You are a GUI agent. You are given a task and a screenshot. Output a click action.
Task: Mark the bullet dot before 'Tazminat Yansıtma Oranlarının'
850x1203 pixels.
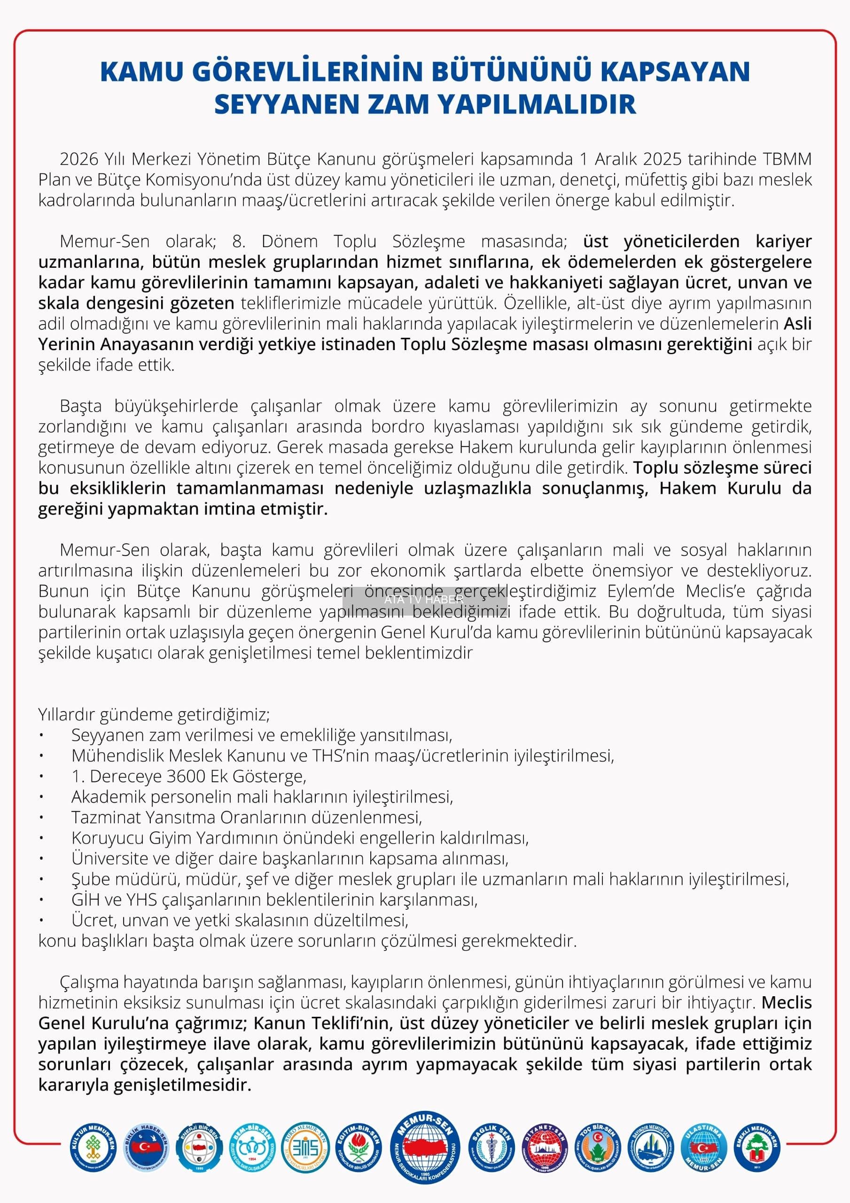pyautogui.click(x=41, y=817)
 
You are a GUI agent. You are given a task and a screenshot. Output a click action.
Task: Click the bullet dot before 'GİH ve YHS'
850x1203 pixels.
pyautogui.click(x=41, y=899)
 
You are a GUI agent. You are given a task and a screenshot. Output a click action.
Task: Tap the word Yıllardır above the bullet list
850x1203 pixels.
pyautogui.click(x=67, y=714)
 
